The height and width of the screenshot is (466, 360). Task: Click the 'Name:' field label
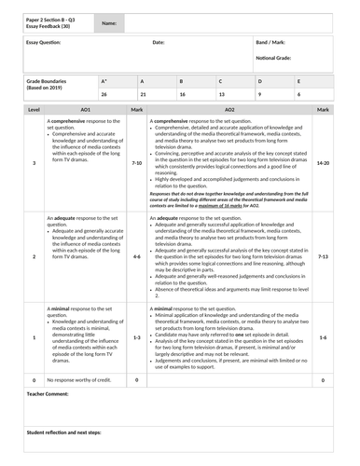pos(109,23)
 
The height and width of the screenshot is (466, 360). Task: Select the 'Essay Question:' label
pos(45,43)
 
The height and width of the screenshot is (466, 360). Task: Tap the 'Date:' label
pos(159,43)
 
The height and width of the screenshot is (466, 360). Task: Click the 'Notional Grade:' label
pos(274,57)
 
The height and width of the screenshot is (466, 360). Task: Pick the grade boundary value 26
pos(104,95)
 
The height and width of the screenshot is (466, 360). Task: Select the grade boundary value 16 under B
pos(183,95)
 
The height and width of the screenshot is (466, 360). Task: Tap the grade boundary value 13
pos(222,95)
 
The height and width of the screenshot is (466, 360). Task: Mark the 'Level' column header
pos(35,110)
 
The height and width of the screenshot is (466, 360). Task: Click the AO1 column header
pos(85,110)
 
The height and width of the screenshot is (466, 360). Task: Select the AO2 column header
pos(230,110)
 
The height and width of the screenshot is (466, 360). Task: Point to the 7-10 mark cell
pos(136,163)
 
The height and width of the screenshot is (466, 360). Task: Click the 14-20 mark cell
pos(323,163)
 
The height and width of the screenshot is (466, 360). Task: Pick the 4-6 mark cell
pos(136,255)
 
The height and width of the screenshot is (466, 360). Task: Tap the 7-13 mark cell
pos(323,255)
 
